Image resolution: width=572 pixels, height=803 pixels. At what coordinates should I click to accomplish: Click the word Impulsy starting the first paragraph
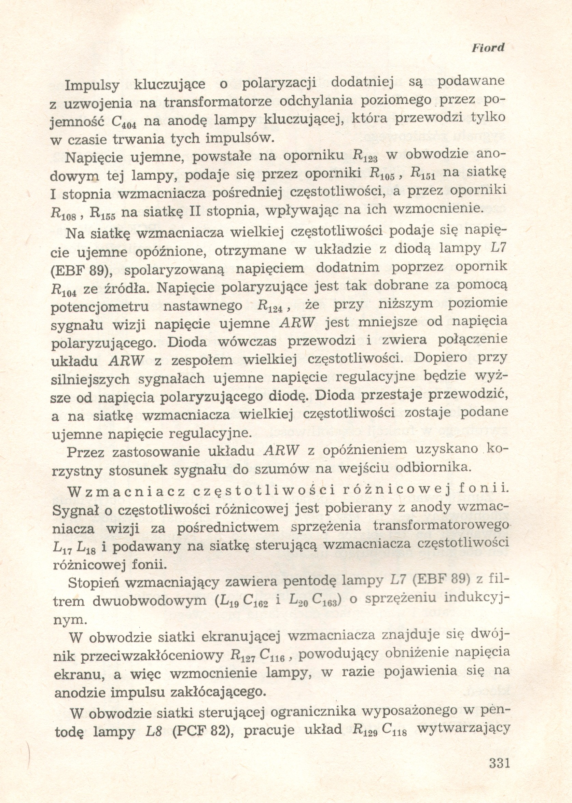pos(92,85)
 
